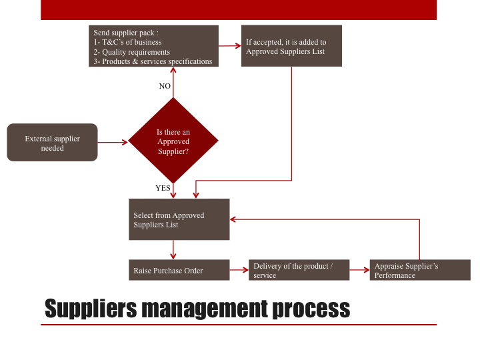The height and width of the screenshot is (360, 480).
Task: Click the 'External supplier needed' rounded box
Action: (53, 143)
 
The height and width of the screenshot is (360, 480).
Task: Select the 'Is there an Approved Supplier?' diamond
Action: (173, 141)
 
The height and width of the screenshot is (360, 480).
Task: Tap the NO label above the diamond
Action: (165, 86)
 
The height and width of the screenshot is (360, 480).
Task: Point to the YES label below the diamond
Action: (163, 188)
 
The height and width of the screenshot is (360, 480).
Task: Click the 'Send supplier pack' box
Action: (154, 46)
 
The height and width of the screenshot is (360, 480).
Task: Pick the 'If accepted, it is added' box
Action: (292, 46)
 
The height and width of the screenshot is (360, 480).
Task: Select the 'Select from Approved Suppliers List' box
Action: (179, 219)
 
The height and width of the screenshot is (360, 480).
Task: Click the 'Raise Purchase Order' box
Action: (179, 270)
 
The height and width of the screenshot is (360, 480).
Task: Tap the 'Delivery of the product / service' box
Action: (299, 270)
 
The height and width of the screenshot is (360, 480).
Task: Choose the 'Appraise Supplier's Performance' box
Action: (420, 270)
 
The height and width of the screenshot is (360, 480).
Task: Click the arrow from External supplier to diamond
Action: (113, 143)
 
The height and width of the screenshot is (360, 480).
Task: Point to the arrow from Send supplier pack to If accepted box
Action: (230, 46)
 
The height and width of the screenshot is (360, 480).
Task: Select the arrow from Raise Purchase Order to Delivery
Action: (239, 270)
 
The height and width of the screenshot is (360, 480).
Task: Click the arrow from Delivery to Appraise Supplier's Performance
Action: (359, 270)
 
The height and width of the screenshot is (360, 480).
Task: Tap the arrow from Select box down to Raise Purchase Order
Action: (173, 250)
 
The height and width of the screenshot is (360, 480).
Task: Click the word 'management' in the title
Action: (205, 309)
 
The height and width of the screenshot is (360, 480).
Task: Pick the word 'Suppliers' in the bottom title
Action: (91, 309)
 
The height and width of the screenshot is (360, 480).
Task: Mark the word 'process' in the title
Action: (311, 309)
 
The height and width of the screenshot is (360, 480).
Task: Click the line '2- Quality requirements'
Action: (131, 52)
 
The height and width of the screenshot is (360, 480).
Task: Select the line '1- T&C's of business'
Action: (127, 42)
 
